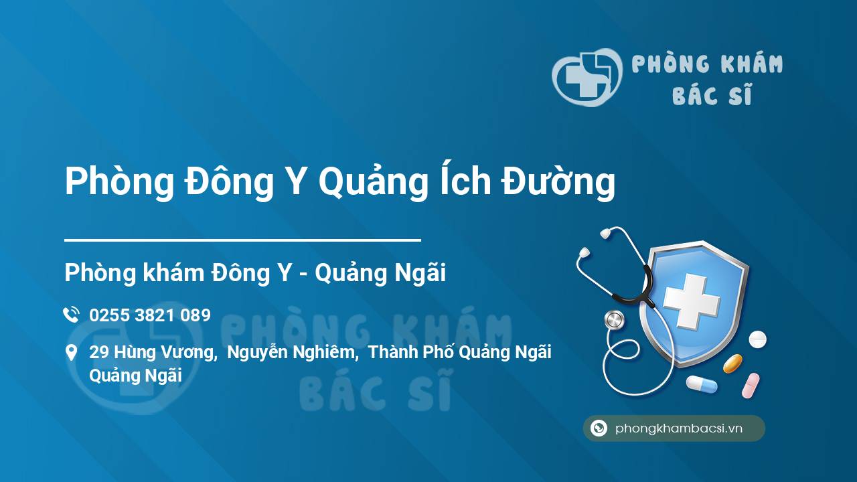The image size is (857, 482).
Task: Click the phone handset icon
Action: pos(71,315)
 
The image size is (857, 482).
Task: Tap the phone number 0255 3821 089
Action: pos(150,315)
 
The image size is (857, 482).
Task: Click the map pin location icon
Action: pos(71,353)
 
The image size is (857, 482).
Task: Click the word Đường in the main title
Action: pos(558,181)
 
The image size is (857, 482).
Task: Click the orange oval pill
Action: pos(732,364)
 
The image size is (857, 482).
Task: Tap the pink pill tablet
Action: pos(751,386)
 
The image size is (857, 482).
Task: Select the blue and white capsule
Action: pos(702,384)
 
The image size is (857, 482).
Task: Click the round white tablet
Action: pos(757,339)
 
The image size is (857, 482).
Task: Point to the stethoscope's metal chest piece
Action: pos(615,320)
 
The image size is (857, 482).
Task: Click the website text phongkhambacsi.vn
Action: pos(679,428)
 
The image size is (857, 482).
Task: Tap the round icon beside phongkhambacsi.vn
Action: pos(599,428)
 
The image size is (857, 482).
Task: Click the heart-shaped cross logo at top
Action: pos(587,77)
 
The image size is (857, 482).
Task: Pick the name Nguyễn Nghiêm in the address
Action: pos(293,353)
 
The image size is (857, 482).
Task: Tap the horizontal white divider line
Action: pos(242,240)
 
